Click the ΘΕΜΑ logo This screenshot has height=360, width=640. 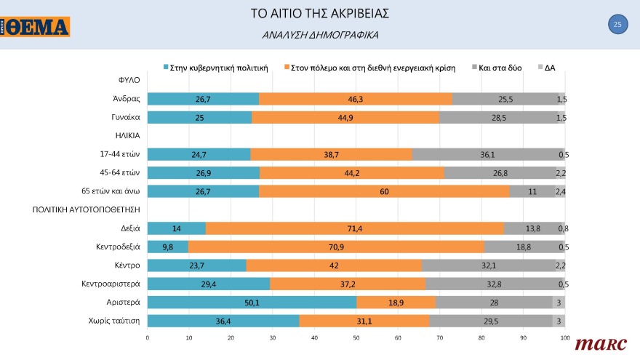pyautogui.click(x=36, y=27)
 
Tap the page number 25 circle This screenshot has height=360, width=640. pyautogui.click(x=617, y=25)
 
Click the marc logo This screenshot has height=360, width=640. pyautogui.click(x=595, y=343)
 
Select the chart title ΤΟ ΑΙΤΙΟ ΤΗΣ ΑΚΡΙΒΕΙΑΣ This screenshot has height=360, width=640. pyautogui.click(x=320, y=14)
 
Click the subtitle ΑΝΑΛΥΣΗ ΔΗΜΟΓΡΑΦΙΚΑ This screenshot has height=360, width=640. pyautogui.click(x=320, y=35)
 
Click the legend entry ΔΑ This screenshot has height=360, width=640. pyautogui.click(x=546, y=68)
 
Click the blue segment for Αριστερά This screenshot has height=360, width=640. pyautogui.click(x=252, y=302)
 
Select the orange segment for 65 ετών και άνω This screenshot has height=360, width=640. pyautogui.click(x=384, y=191)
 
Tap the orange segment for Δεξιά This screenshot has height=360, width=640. pyautogui.click(x=355, y=228)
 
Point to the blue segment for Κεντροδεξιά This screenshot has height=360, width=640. pyautogui.click(x=168, y=247)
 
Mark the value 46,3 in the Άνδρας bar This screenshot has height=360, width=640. pyautogui.click(x=356, y=99)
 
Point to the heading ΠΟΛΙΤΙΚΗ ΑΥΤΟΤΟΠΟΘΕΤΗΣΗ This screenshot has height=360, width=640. pyautogui.click(x=86, y=209)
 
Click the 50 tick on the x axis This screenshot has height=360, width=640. pyautogui.click(x=356, y=338)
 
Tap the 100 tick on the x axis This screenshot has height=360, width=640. pyautogui.click(x=564, y=338)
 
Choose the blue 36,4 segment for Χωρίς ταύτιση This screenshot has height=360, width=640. pyautogui.click(x=223, y=320)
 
